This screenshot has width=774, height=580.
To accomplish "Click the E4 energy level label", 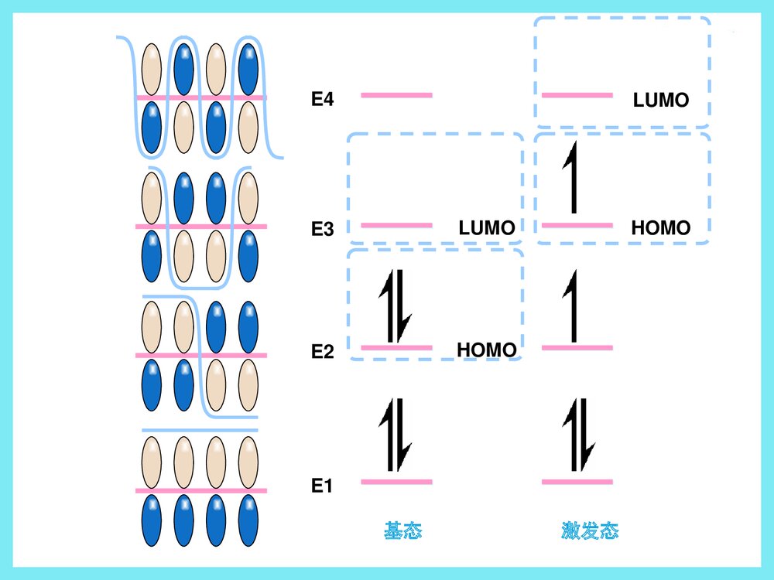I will pos(322,99).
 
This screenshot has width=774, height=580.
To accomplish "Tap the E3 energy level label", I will pos(322,229).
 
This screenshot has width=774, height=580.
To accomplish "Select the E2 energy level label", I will pos(322,353).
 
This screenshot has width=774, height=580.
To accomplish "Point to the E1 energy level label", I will pos(322,486).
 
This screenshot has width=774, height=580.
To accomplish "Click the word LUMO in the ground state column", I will pos(487,228).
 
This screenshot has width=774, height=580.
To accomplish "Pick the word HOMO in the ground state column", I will pos(487,350).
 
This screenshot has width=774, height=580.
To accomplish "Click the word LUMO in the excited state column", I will pos(661,101).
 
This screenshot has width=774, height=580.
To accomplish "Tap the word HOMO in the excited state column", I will pos(661,228).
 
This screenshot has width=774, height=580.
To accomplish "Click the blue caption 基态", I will pos(402,531).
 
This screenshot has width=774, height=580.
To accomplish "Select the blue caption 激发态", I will pos(590,531).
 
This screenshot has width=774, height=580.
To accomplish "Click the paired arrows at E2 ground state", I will pos(396,306).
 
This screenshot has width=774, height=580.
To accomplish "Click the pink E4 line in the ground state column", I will pos(396,95).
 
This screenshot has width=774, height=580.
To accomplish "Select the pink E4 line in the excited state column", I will pos(577,95).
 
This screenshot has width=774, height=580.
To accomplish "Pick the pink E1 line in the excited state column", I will pos(577,482).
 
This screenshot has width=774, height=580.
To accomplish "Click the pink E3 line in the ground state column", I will pos(396,225).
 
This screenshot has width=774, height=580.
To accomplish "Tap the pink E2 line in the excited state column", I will pos(577,347).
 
